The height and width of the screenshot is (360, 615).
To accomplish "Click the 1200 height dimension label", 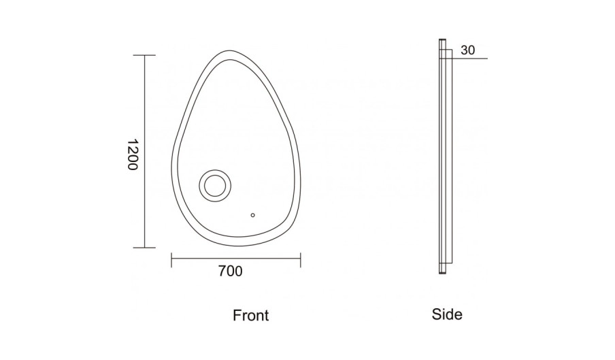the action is pyautogui.click(x=133, y=154).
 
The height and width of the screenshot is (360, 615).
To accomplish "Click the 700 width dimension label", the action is pyautogui.click(x=230, y=271).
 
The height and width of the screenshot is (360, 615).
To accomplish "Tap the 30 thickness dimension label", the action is pyautogui.click(x=467, y=50).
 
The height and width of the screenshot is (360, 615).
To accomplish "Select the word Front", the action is pyautogui.click(x=250, y=315).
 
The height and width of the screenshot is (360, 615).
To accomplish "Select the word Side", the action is pyautogui.click(x=447, y=314).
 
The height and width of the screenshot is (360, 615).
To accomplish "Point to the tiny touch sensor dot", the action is pyautogui.click(x=252, y=215).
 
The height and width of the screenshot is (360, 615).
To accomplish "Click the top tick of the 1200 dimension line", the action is pyautogui.click(x=144, y=55).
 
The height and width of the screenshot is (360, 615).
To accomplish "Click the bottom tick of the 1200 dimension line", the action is pyautogui.click(x=144, y=248).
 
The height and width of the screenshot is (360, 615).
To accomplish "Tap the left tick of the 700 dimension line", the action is pyautogui.click(x=171, y=260).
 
